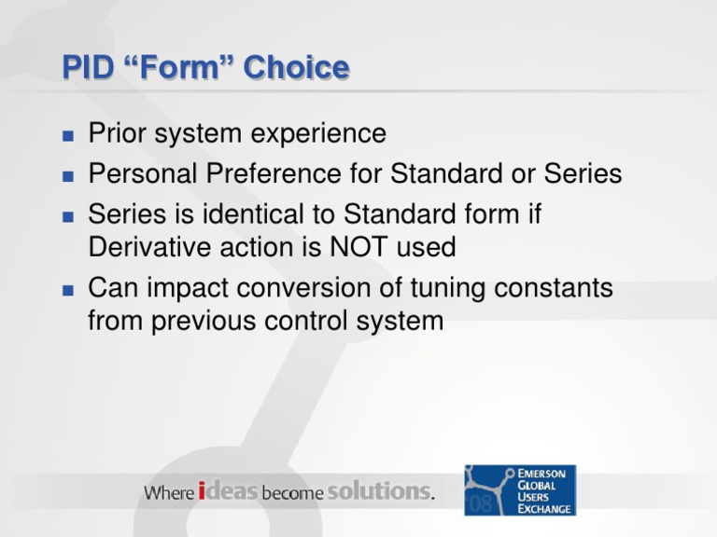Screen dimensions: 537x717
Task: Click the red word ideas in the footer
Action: pyautogui.click(x=228, y=491)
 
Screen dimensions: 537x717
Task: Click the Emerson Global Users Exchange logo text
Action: pyautogui.click(x=544, y=490)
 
